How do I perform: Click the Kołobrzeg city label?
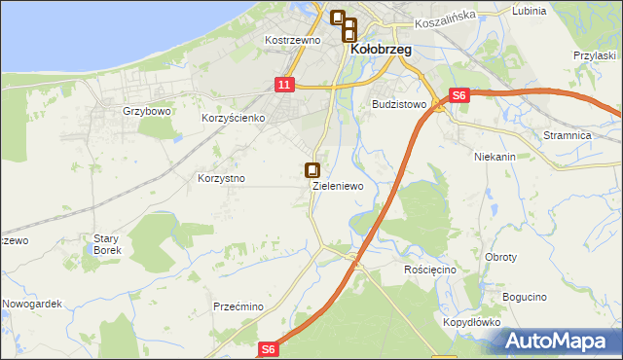tap(381, 49)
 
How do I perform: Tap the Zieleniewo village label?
tap(338, 185)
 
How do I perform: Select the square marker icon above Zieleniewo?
tap(312, 169)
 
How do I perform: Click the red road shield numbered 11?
tap(283, 86)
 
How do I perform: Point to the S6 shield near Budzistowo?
tap(459, 95)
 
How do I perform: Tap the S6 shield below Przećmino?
tap(270, 348)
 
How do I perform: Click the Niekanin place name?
tap(495, 156)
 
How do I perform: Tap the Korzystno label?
tap(221, 179)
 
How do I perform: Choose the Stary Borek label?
tap(106, 244)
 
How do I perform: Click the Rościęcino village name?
tap(429, 269)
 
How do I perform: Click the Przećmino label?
tap(238, 306)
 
